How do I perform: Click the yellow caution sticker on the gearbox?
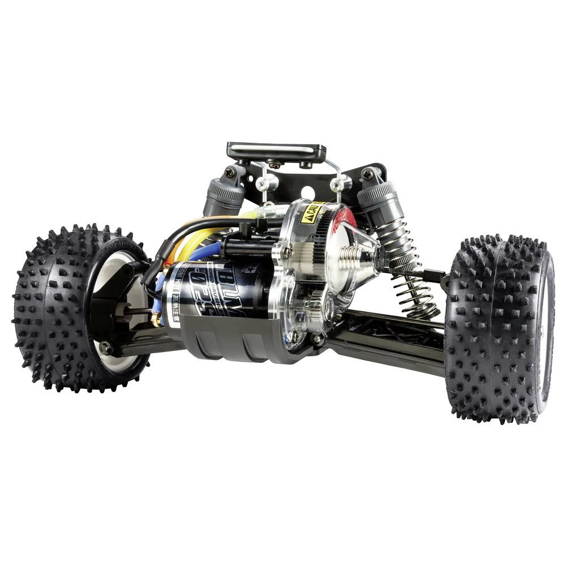[x=311, y=213]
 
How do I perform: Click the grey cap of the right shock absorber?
[x=376, y=195]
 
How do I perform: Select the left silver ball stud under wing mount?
[x=267, y=183]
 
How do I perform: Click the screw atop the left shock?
[x=230, y=172]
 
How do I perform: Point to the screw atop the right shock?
[x=368, y=174]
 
